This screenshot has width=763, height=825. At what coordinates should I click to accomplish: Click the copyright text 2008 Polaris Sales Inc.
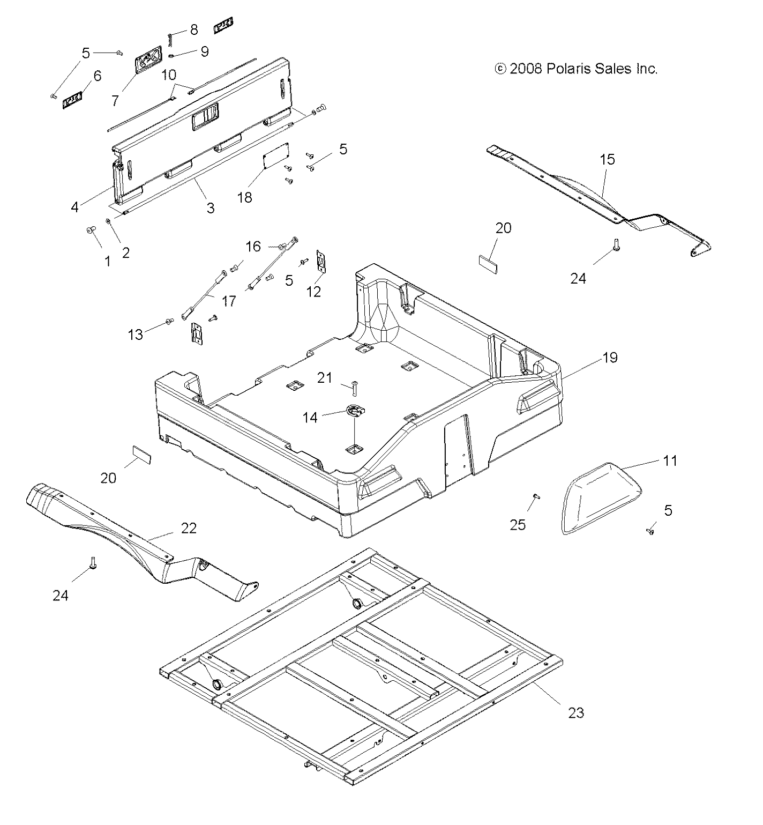pos(576,69)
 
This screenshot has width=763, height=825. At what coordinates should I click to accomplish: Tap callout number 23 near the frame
pos(575,712)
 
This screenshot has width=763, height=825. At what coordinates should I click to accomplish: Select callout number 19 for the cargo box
pos(610,358)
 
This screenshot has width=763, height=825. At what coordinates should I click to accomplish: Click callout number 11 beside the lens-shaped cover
pos(669,460)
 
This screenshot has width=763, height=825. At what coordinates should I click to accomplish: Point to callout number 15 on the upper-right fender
pos(607,159)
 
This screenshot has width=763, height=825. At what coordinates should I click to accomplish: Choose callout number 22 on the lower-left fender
pos(189,528)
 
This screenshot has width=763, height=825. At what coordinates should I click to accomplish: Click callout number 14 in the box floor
pos(310,417)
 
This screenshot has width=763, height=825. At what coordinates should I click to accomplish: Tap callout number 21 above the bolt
pos(325,378)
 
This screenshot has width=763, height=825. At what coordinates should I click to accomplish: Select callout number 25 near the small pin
pos(518,525)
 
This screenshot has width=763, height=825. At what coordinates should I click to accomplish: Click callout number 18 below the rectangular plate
pos(244,197)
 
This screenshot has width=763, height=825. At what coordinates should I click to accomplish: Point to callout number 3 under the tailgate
pos(211,207)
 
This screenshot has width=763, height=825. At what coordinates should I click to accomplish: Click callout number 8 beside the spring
pos(194,30)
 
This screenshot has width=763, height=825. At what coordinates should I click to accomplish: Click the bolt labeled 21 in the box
pos(355,384)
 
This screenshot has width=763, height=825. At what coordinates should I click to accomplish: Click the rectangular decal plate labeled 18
pos(276,155)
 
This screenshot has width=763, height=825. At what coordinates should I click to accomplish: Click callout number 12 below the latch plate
pos(313,291)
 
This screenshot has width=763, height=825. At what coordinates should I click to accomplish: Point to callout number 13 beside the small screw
pos(135,335)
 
